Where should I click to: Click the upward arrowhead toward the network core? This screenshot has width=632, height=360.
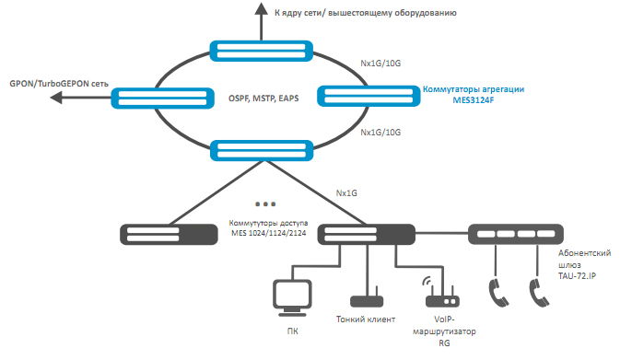coord(262,9)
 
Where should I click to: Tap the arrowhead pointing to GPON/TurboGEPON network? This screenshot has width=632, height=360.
coord(56,97)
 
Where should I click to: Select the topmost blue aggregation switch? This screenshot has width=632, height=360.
coord(262,51)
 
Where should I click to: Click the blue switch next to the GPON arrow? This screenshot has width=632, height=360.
coord(162,99)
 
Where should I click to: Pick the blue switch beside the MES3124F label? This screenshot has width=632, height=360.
coord(369,97)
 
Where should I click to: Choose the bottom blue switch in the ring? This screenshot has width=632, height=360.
coord(262,151)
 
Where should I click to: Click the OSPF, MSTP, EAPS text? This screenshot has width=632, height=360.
coord(263,99)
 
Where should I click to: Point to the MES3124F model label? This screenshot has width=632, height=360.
coord(474,99)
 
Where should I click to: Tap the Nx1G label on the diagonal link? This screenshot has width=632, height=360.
coord(346,193)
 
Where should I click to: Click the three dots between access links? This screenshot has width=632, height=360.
coord(265,204)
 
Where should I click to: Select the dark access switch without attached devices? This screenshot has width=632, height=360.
coord(169,235)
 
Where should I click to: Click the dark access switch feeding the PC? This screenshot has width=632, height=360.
coord(367,235)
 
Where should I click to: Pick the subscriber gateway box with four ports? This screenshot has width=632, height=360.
coord(516,234)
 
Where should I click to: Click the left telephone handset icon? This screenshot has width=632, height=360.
coord(498,293)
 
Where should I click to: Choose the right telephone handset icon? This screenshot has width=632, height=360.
coord(539,293)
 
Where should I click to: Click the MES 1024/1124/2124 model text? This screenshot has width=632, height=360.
coord(268,233)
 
